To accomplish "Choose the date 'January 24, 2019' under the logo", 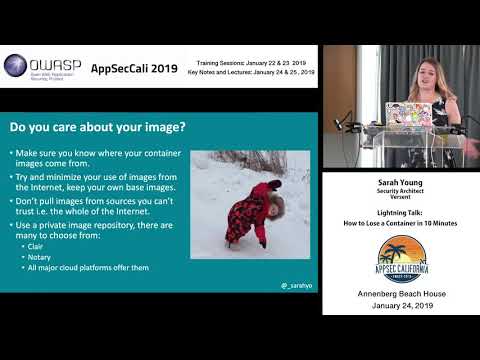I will (x=399, y=304).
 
